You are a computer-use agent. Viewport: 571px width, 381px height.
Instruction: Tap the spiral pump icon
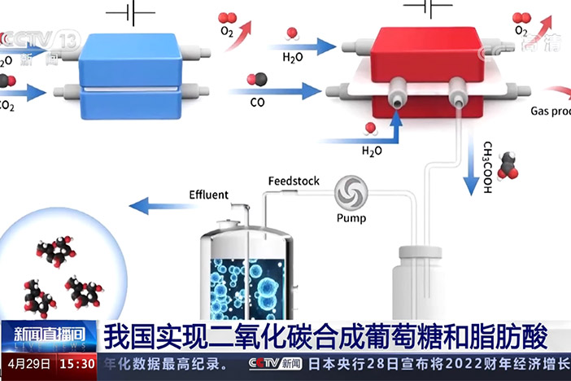351,193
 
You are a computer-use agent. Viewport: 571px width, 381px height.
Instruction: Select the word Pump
351,217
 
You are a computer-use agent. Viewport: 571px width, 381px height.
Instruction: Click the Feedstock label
294,181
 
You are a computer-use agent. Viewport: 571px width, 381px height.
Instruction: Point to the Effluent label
209,195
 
